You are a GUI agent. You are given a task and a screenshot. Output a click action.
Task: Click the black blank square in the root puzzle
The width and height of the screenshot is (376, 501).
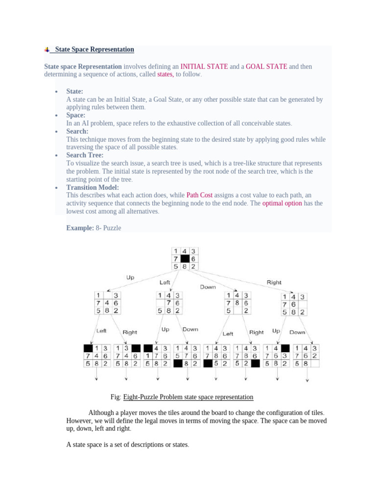tap(185, 259)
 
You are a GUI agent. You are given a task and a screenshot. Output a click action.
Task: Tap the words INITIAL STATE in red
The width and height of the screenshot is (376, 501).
tap(204, 67)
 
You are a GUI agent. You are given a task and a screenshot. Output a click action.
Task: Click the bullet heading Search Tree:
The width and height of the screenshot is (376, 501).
tap(85, 155)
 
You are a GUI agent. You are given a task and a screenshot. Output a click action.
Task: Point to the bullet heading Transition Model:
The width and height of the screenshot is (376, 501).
tap(93, 187)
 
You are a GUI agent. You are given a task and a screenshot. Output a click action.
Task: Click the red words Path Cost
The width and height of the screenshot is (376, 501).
tap(199, 195)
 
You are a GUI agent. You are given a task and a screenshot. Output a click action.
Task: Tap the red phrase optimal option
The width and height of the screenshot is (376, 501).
tap(282, 203)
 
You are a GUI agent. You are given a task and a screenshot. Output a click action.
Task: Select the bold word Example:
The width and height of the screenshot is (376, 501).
tap(80, 228)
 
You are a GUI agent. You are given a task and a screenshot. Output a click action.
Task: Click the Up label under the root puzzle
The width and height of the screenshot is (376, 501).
tap(130, 277)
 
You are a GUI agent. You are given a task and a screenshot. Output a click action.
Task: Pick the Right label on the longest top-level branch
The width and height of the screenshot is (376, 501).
tap(274, 282)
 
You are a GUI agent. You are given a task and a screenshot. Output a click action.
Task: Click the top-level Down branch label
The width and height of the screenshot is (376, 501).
tap(207, 287)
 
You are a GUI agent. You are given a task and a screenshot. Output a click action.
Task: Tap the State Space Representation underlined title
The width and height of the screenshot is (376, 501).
tap(94, 49)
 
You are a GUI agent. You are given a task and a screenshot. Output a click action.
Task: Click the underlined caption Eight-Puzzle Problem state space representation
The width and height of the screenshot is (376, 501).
tap(188, 397)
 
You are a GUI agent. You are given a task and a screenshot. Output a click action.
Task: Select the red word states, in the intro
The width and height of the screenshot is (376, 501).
tap(165, 75)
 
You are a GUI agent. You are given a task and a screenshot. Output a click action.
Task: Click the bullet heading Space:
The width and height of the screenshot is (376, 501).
tap(76, 115)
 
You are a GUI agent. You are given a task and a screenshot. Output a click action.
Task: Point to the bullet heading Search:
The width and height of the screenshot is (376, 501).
tap(77, 131)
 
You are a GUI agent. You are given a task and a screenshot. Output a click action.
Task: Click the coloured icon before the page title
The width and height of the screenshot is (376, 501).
tap(47, 50)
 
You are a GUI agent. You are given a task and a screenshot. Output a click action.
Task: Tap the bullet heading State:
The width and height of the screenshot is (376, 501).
tap(75, 91)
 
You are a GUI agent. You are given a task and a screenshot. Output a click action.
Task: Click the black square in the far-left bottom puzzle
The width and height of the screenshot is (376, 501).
tap(88, 348)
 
